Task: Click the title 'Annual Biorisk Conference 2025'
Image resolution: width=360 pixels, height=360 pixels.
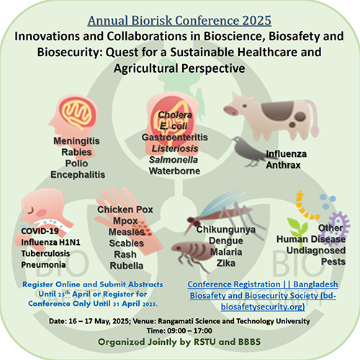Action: point(179,20)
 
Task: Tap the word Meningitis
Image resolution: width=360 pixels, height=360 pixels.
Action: point(76,141)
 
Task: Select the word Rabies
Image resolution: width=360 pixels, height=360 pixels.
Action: point(76,152)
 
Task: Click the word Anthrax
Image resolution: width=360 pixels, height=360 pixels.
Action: point(283,165)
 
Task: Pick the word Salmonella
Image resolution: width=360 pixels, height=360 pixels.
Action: point(174,160)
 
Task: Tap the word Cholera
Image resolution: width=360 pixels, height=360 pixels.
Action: point(175,114)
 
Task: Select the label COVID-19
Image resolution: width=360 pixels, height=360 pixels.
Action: point(40,231)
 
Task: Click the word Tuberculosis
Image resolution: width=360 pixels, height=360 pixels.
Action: point(45,253)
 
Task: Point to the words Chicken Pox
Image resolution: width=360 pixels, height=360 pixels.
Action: point(125,210)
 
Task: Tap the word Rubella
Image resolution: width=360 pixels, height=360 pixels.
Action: point(127,266)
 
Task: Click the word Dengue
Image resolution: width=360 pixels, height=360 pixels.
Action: point(226,240)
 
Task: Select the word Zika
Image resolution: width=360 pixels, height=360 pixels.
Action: point(226,264)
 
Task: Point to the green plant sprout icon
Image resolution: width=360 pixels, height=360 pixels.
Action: point(297,228)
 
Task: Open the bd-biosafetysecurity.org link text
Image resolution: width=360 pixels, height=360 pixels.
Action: point(263,295)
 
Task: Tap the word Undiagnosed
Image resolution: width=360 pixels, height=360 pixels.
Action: point(316,251)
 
